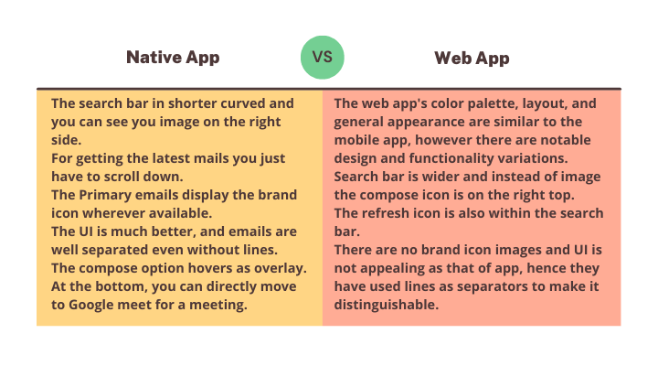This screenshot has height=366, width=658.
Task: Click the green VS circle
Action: click(323, 57)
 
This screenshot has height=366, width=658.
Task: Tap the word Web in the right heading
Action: click(453, 58)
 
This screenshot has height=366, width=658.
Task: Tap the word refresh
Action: click(386, 213)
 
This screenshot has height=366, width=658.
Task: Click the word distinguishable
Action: click(386, 305)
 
